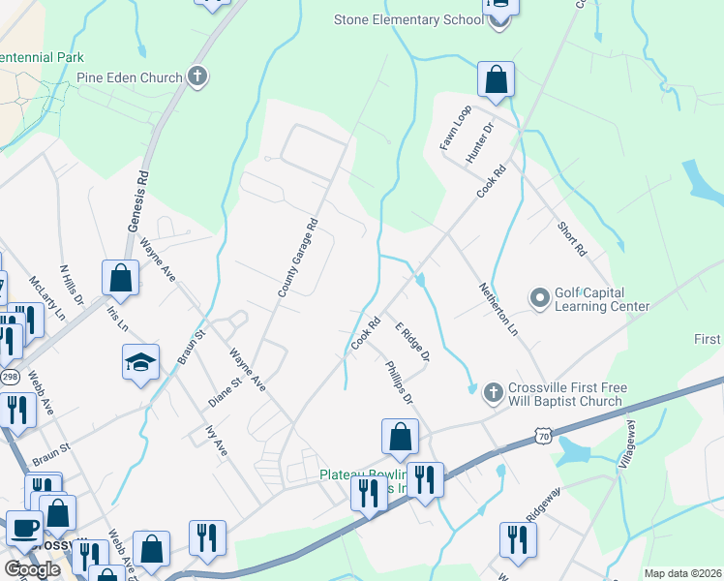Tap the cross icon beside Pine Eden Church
coord(197,76)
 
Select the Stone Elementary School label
coord(408,19)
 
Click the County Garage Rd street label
coord(297,258)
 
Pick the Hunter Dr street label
coord(480,141)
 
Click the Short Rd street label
coord(572,237)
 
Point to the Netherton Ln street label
coord(499,310)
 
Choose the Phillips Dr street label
coord(398,382)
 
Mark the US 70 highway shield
coord(543,437)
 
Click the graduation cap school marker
coord(140,362)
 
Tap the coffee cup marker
coord(24,529)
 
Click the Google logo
coord(32,569)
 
